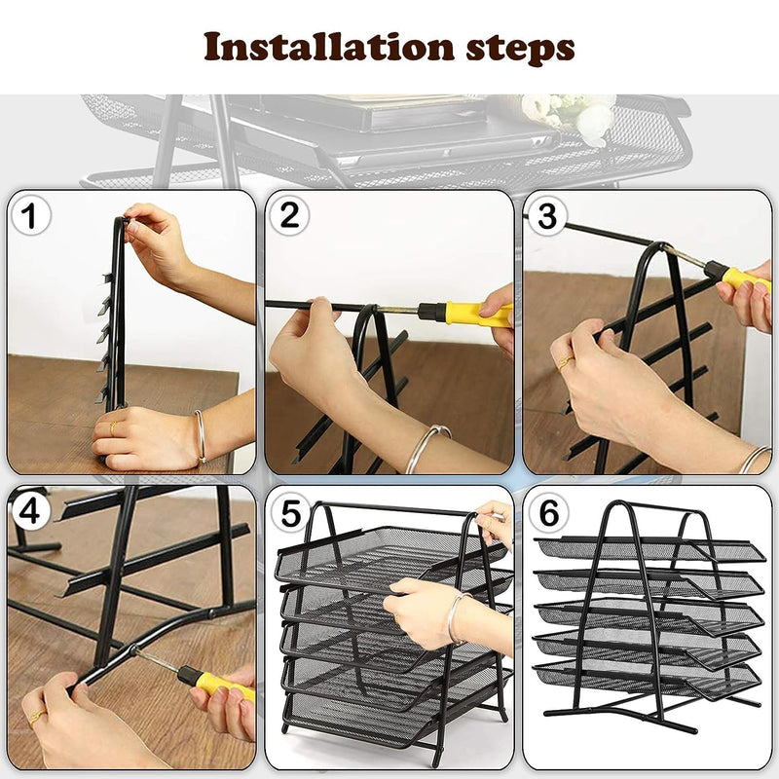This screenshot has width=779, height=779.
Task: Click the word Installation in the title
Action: [329, 46]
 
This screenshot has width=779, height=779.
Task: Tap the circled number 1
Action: [30, 216]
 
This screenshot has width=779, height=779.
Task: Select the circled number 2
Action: [289, 215]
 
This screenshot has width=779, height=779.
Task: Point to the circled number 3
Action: [546, 216]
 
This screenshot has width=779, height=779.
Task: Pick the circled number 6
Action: [548, 512]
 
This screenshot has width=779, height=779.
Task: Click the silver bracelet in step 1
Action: [201, 436]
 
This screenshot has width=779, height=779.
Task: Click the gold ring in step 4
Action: [37, 718]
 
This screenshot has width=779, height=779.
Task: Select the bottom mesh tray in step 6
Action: [647, 677]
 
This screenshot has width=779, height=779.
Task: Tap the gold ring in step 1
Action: [113, 427]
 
